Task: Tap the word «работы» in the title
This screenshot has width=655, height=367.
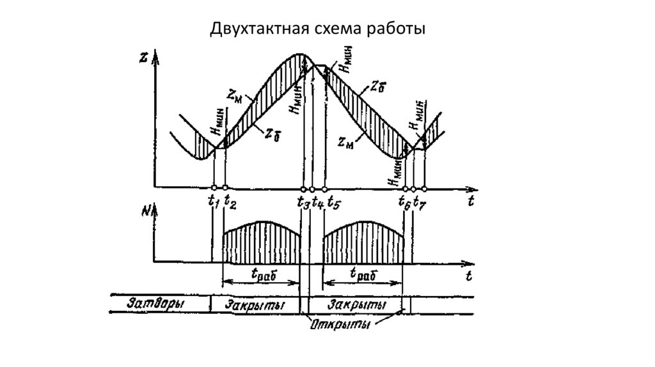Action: [397, 29]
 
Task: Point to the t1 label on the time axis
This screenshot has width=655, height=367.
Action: [213, 201]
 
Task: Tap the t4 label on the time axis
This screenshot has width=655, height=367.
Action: [318, 201]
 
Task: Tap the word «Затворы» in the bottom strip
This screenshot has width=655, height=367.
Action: [156, 304]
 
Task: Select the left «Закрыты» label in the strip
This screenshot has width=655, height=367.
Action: [255, 304]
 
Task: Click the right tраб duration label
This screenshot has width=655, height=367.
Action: [362, 274]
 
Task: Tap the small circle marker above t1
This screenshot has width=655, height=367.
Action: [213, 189]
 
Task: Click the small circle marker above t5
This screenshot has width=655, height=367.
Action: [324, 189]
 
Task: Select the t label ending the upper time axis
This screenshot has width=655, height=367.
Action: [470, 201]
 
